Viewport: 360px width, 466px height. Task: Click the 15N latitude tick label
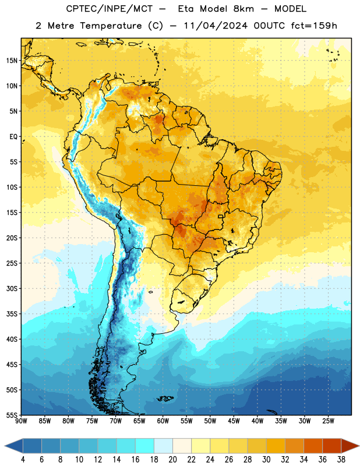12,61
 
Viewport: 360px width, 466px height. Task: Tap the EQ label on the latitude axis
13,137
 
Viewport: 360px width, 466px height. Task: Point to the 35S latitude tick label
12,314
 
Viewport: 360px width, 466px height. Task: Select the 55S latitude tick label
12,415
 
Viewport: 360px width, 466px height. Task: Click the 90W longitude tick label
21,421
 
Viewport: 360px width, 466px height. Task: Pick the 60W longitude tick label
163,421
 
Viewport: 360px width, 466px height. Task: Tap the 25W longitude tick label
328,421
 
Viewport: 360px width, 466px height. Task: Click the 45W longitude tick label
234,421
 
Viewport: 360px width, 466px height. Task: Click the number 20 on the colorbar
172,460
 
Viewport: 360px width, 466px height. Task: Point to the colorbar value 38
341,460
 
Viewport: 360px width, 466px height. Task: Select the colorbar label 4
23,460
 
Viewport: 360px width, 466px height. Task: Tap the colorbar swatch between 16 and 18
144,446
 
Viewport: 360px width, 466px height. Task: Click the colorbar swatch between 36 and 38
332,446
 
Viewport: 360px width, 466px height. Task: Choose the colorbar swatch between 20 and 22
182,446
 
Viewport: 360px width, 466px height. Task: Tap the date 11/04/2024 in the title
216,26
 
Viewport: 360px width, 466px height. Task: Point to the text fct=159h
314,26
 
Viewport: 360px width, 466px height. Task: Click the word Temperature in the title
111,26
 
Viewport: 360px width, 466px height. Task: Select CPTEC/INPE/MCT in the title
110,9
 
